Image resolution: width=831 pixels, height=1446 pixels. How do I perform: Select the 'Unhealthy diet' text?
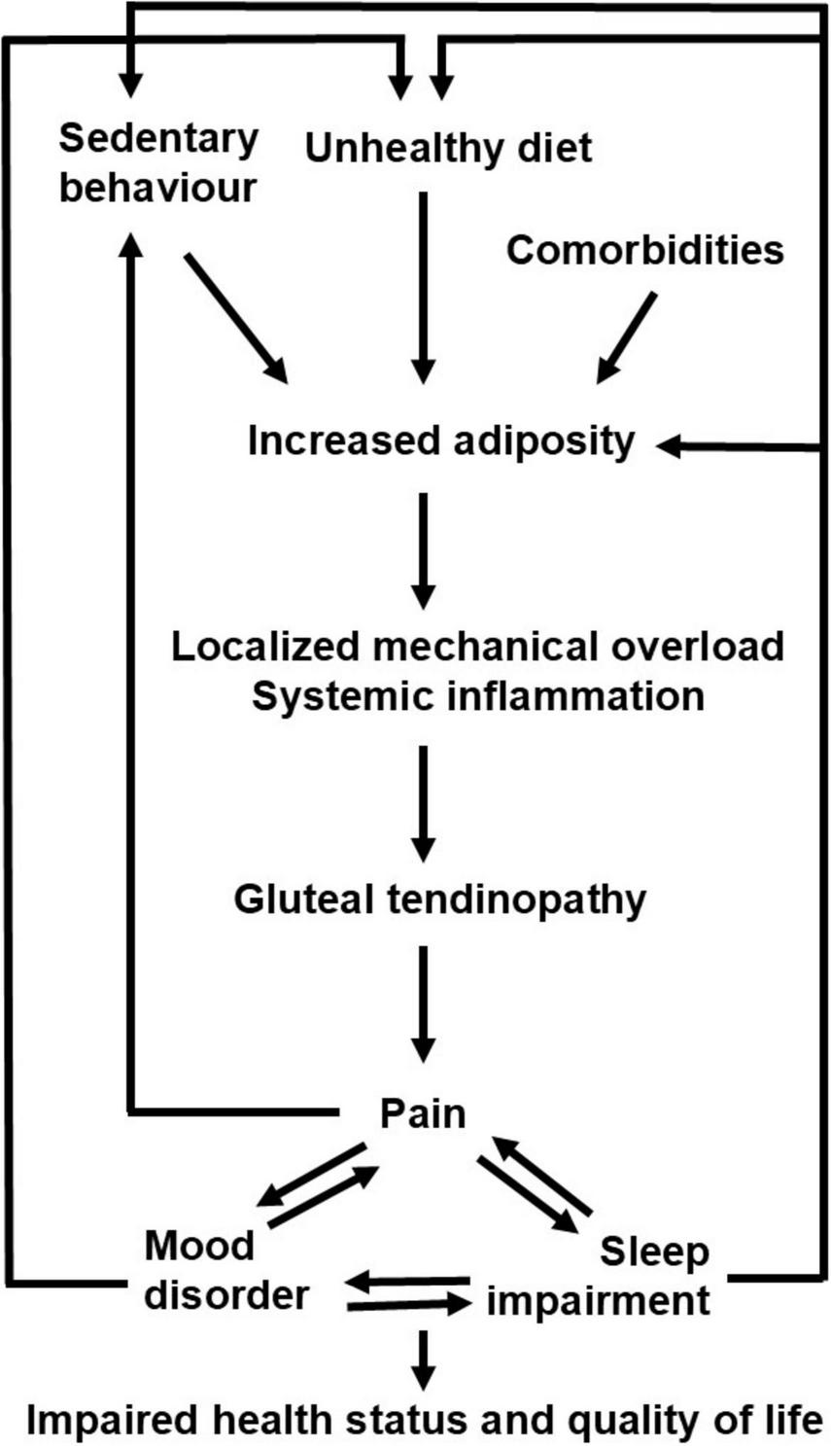pyautogui.click(x=448, y=148)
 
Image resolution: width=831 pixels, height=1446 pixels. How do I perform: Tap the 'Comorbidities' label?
pyautogui.click(x=644, y=250)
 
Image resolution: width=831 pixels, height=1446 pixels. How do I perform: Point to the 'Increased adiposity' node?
pyautogui.click(x=440, y=441)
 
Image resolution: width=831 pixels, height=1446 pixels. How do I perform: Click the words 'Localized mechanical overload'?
pyautogui.click(x=477, y=646)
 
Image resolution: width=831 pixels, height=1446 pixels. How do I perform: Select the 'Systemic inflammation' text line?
pyautogui.click(x=477, y=696)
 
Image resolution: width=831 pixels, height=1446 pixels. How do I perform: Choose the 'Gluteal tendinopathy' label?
pyautogui.click(x=439, y=899)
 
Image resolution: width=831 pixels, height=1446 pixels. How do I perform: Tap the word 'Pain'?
pyautogui.click(x=422, y=1112)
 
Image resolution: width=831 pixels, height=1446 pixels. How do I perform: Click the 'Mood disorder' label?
pyautogui.click(x=225, y=1270)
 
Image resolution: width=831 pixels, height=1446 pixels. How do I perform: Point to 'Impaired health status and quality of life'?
pyautogui.click(x=423, y=1421)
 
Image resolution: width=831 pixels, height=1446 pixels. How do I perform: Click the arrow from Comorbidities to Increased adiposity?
pyautogui.click(x=626, y=336)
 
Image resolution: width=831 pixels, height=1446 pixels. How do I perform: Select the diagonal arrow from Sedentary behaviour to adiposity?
pyautogui.click(x=236, y=318)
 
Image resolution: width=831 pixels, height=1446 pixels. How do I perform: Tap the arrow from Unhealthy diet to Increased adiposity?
pyautogui.click(x=422, y=287)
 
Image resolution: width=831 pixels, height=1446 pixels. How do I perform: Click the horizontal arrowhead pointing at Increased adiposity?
pyautogui.click(x=673, y=446)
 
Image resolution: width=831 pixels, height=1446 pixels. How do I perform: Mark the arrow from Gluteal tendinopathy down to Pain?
pyautogui.click(x=422, y=1002)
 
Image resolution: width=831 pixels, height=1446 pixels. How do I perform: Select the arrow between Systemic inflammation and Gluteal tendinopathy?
pyautogui.click(x=422, y=802)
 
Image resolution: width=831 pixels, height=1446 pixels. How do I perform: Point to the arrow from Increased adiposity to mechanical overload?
pyautogui.click(x=422, y=549)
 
